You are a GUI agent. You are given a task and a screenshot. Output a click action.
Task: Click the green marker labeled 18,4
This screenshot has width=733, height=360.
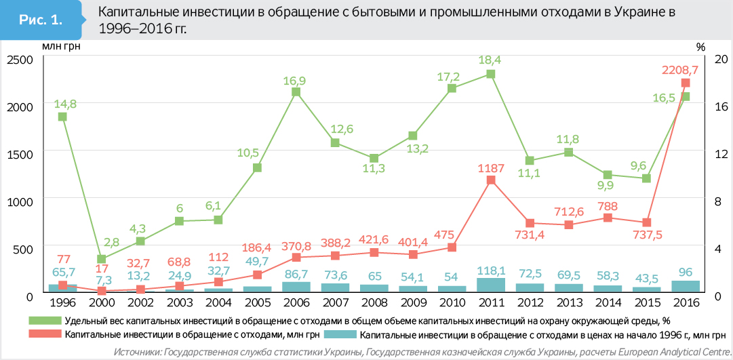click(x=491, y=74)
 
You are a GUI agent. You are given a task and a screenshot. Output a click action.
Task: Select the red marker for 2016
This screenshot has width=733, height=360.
click(x=686, y=83)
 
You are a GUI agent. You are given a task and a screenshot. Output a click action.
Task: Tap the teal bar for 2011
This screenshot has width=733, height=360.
click(x=491, y=285)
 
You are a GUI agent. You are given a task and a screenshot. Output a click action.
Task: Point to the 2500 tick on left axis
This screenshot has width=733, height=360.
click(x=20, y=60)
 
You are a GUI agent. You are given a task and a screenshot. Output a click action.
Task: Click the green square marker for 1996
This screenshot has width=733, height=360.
click(x=62, y=117)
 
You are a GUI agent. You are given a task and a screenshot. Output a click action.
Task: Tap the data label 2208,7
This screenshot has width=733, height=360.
click(x=686, y=69)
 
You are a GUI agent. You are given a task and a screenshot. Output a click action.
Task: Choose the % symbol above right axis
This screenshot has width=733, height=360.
click(x=700, y=47)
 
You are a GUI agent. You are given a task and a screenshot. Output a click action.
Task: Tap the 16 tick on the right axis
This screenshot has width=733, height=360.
click(x=721, y=106)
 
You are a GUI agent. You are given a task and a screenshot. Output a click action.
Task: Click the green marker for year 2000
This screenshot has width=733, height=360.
click(x=101, y=259)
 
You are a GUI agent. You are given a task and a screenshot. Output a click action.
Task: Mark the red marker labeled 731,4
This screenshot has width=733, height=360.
click(x=530, y=223)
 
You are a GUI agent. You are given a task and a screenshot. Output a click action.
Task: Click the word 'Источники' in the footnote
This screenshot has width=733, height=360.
click(x=138, y=352)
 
